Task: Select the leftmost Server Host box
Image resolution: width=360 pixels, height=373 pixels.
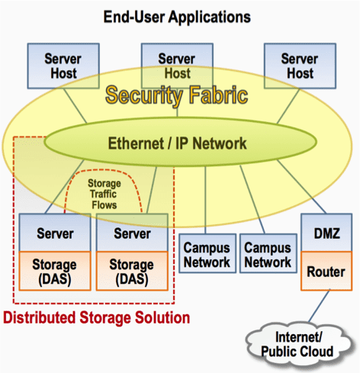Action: (63, 66)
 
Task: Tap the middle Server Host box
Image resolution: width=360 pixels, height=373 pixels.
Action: (176, 66)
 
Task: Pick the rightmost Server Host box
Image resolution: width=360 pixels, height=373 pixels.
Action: (299, 66)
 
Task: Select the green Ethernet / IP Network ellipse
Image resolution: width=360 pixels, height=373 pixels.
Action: (177, 143)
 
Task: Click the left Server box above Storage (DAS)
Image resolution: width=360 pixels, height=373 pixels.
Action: (54, 233)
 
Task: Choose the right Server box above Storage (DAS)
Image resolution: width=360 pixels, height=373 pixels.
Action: (131, 233)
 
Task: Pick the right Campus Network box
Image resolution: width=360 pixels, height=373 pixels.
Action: (267, 256)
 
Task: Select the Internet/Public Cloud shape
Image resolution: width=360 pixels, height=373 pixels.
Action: (297, 345)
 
